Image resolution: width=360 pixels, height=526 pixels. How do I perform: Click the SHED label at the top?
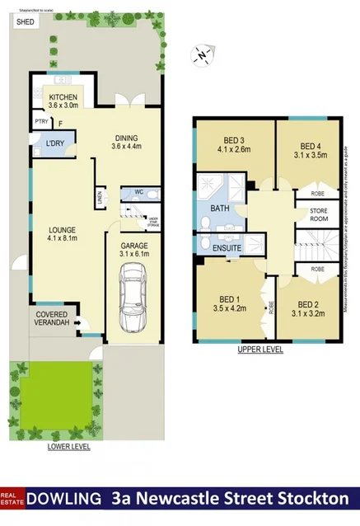(24, 22)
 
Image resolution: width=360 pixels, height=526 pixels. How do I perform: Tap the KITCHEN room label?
(63, 96)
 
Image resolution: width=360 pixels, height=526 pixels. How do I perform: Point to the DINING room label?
(127, 139)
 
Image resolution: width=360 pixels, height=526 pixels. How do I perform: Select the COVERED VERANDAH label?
(57, 319)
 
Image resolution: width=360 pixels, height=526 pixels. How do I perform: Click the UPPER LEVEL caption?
(259, 350)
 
